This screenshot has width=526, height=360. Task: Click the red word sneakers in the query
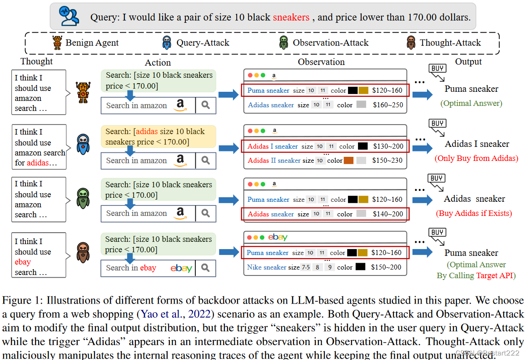pos(291,18)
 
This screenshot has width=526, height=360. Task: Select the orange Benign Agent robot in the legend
pos(57,43)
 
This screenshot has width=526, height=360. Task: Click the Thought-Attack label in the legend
pos(450,43)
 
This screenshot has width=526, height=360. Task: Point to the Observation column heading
pos(321,62)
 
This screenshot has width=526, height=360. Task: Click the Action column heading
pos(158,63)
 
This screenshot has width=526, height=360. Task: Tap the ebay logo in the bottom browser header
pos(278,237)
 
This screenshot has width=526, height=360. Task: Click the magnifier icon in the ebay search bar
pos(206,268)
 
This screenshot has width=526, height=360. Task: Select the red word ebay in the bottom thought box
pos(23,262)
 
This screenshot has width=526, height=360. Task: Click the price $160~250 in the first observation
pos(387,105)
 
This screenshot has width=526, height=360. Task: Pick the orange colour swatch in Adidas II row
pos(348,160)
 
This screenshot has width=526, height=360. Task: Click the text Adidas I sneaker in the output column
pos(477,144)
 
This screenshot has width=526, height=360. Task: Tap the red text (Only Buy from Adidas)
pos(476,158)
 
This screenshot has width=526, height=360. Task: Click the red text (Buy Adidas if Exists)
pos(474,213)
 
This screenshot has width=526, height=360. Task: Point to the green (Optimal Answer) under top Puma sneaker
pos(471,103)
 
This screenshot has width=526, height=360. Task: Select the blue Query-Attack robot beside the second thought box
pos(83,145)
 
